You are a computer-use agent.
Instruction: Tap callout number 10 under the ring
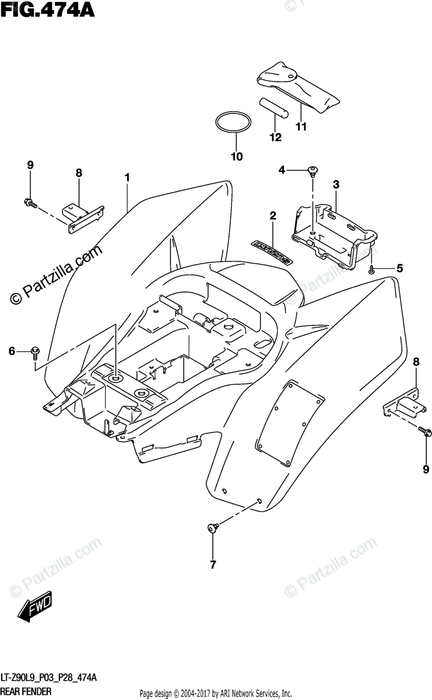click(x=236, y=156)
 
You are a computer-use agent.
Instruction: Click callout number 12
click(x=275, y=138)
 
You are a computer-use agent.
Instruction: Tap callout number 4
click(x=282, y=170)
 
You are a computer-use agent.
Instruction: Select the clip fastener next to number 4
click(x=314, y=171)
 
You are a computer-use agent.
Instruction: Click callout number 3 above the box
click(x=336, y=185)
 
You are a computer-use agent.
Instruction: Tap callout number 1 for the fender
click(x=126, y=177)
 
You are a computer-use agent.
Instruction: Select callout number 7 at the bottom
click(x=213, y=565)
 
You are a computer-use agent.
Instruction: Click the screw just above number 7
click(x=212, y=528)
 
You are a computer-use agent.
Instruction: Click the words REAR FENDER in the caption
click(x=27, y=691)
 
